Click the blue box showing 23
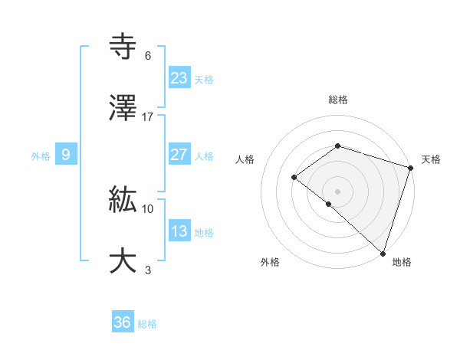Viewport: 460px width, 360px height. pyautogui.click(x=179, y=78)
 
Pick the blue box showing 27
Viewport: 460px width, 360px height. pyautogui.click(x=179, y=155)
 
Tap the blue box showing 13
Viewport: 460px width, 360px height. pyautogui.click(x=179, y=231)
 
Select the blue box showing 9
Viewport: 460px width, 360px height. pyautogui.click(x=66, y=155)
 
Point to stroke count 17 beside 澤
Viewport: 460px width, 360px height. pyautogui.click(x=148, y=117)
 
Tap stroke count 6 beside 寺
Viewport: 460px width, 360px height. pyautogui.click(x=148, y=56)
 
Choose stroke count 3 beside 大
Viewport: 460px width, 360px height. pyautogui.click(x=148, y=270)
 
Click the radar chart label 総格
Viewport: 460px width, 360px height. pyautogui.click(x=337, y=100)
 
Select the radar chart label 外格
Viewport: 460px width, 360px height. pyautogui.click(x=270, y=262)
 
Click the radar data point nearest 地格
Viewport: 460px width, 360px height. pyautogui.click(x=383, y=252)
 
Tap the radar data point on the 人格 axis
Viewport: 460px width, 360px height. pyautogui.click(x=294, y=178)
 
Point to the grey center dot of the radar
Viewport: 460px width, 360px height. pyautogui.click(x=337, y=191)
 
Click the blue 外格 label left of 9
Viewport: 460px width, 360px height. pyautogui.click(x=41, y=155)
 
